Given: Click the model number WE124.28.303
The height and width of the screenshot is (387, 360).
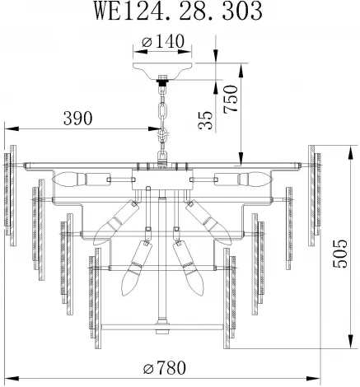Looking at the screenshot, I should point(180,12).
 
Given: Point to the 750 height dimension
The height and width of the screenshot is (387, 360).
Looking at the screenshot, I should point(230,99).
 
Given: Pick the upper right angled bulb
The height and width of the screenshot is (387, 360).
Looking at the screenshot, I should point(205,219).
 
